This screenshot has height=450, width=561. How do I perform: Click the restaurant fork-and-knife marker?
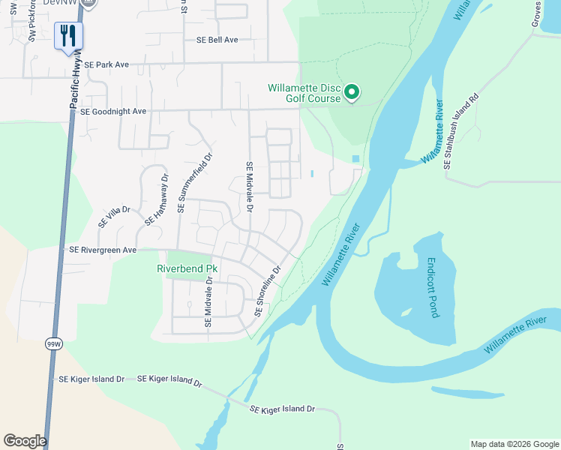pos(68,35)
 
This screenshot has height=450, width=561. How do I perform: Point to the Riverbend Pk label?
pos(187,268)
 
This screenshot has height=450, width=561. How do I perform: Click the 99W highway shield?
pos(52,343)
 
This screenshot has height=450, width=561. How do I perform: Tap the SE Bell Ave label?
pos(217,40)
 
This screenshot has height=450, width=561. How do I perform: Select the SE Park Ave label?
pos(107,65)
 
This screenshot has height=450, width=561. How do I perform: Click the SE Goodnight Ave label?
pos(112,111)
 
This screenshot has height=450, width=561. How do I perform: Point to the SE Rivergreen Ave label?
pos(103,250)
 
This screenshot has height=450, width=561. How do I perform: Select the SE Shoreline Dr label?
pos(268,291)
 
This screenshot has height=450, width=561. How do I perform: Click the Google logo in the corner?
pos(25,441)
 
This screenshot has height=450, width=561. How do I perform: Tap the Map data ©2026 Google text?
pos(514,444)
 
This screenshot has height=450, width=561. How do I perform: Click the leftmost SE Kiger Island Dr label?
pos(91,379)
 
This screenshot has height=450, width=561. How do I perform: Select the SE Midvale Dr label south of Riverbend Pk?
pos(208,302)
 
